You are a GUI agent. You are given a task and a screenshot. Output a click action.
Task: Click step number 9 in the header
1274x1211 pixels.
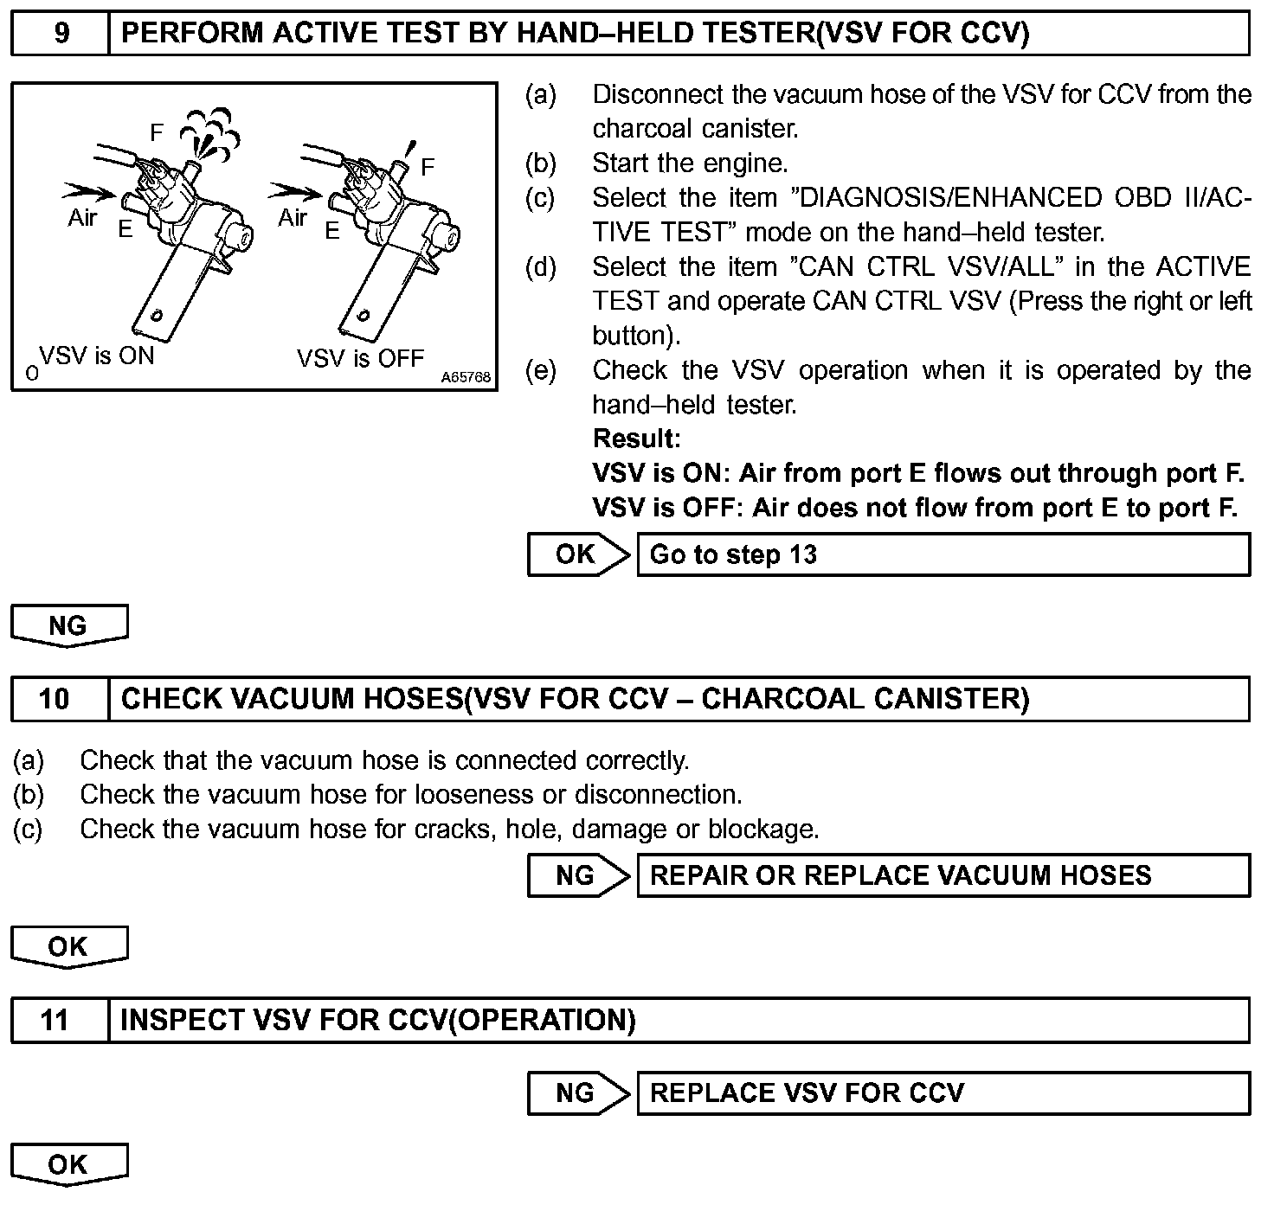[x=61, y=34]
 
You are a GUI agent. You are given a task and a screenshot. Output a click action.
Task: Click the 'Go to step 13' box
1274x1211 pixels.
[x=943, y=554]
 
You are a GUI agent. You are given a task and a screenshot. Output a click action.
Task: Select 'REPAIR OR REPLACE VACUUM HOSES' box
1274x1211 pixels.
[x=943, y=875]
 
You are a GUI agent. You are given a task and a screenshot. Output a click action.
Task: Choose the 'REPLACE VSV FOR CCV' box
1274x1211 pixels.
[x=943, y=1093]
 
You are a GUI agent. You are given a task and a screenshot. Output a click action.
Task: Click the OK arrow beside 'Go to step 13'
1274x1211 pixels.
[x=577, y=554]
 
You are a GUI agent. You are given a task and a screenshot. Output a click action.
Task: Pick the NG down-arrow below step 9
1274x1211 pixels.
[x=69, y=625]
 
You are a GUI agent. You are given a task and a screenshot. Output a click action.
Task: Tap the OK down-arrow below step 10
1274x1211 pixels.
[x=69, y=946]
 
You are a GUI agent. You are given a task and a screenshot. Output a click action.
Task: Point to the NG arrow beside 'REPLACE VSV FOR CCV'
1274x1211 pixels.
[x=577, y=1093]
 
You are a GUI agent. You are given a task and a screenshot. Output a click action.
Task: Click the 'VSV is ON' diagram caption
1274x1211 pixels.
[x=97, y=356]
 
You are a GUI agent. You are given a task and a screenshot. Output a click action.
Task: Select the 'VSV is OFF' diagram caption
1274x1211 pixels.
[x=360, y=358]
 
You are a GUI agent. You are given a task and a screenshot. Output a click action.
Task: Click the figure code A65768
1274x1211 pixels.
[x=466, y=378]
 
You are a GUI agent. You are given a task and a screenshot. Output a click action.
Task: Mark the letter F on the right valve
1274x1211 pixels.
[x=428, y=167]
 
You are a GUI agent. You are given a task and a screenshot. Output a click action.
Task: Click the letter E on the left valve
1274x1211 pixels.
[x=126, y=230]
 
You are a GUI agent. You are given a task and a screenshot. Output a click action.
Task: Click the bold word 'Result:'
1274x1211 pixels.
[x=636, y=439]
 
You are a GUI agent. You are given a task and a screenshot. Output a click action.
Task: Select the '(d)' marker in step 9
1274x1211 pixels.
[x=541, y=267]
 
